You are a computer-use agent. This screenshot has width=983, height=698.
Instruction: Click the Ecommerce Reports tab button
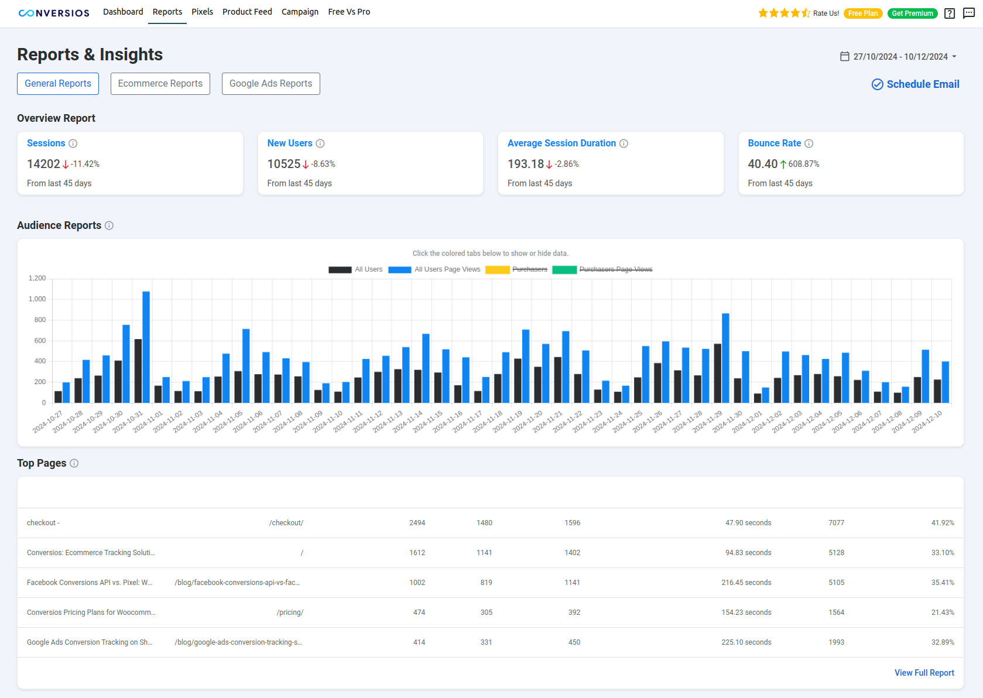click(160, 84)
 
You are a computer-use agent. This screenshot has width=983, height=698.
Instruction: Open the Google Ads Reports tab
click(270, 84)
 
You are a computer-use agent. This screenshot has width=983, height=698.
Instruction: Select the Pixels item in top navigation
click(202, 12)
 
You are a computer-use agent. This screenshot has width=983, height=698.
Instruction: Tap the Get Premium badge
click(912, 13)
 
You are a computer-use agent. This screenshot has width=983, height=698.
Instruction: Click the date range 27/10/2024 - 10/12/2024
click(900, 57)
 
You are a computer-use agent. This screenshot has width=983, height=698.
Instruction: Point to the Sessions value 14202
click(43, 164)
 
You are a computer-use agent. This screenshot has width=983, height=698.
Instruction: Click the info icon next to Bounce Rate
click(809, 143)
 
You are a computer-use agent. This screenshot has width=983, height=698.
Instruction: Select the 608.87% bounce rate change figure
click(803, 164)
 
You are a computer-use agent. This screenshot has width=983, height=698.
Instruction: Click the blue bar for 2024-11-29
click(725, 357)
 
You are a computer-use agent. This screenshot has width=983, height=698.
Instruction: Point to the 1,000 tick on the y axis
click(37, 299)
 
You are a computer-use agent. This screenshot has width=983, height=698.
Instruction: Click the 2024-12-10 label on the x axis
click(927, 422)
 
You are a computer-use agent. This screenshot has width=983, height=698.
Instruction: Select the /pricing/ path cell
click(290, 613)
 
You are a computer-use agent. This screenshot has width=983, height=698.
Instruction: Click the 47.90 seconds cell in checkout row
click(748, 523)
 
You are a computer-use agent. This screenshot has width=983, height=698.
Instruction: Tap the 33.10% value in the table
click(942, 553)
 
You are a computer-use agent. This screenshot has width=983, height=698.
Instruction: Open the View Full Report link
click(924, 673)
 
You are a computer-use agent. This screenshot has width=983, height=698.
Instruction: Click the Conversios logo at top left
click(54, 13)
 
